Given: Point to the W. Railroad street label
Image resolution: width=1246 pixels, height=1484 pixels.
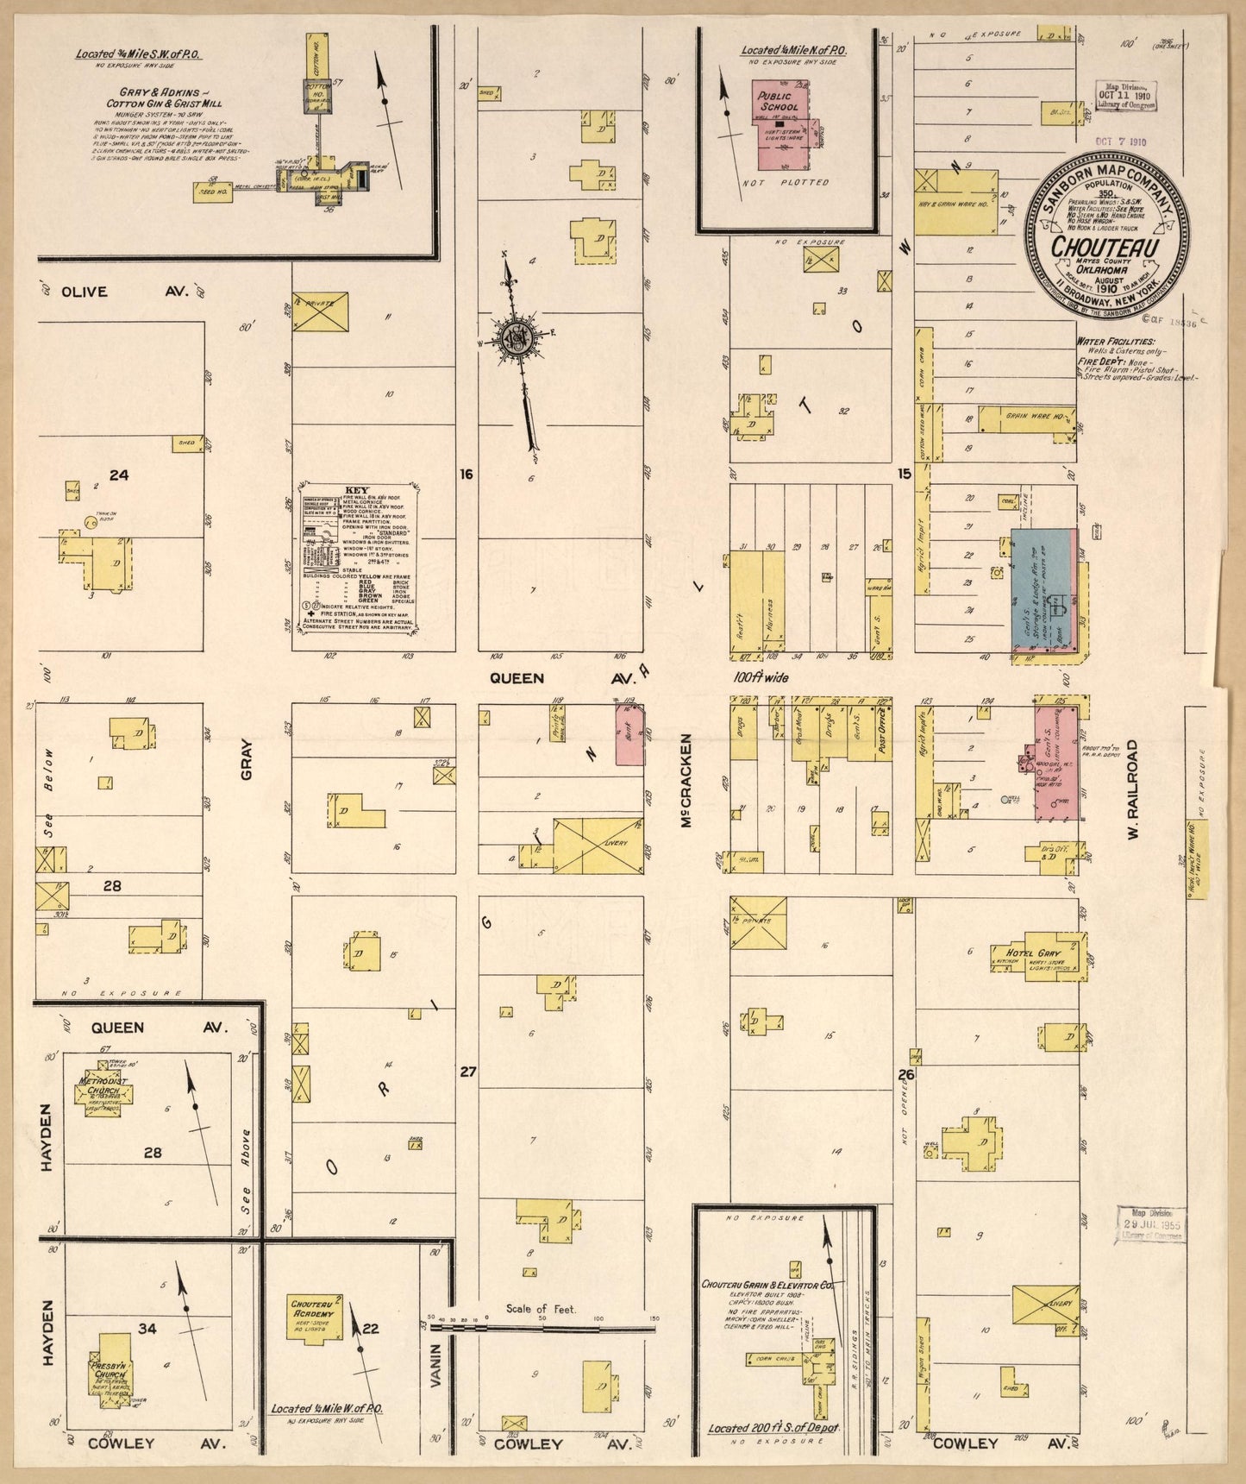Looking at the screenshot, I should pos(1132,789).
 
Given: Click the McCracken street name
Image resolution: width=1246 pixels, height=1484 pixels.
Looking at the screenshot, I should pos(687,782).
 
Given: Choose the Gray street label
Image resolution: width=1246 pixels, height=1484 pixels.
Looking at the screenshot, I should pos(247,759).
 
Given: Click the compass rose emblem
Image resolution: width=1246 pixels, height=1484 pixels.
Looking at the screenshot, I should pos(515,332).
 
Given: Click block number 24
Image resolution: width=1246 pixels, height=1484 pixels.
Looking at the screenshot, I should pos(118,475).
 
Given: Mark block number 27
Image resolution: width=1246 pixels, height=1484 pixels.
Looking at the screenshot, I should pos(467,1072).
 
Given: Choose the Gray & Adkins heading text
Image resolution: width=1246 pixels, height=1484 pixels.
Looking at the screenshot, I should pos(162,91).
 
